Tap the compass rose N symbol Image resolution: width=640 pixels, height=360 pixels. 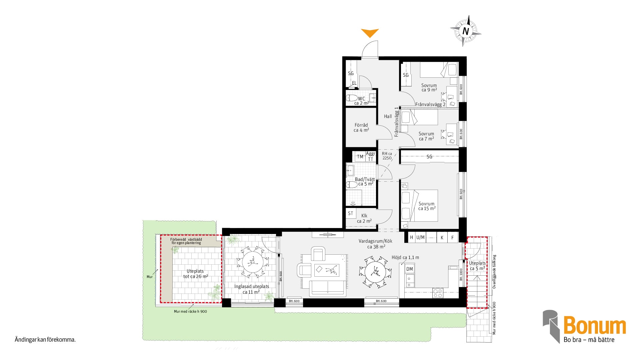pos(466,31)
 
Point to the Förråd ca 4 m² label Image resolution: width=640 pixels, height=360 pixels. pos(361,127)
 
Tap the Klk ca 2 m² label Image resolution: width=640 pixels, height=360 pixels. pos(364,218)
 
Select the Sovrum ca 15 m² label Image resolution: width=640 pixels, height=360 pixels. pos(427,206)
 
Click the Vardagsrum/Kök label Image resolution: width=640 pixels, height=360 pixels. pos(375,241)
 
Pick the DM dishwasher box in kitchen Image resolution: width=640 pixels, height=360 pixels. pos(410,269)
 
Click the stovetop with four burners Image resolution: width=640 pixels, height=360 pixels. pos(438,293)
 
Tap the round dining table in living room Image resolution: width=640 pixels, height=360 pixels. pos(376,272)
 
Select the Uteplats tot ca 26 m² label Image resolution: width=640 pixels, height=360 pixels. pos(195,274)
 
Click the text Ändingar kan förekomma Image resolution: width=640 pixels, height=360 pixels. pos(45,340)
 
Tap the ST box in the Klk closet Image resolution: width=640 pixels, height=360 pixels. pos(350,213)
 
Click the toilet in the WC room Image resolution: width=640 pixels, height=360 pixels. pos(352,98)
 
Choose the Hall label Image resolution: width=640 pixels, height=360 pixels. pos(388,116)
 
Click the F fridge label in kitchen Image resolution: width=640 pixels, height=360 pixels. pos(452,238)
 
